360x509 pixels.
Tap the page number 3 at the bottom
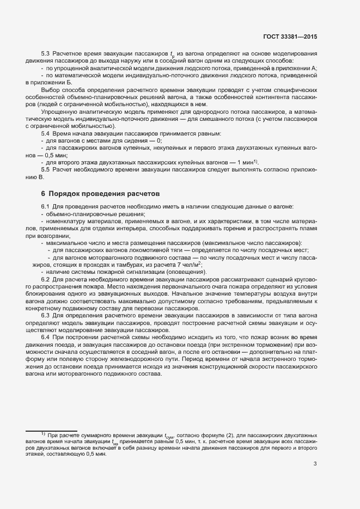point(315,464)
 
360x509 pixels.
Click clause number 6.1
point(46,207)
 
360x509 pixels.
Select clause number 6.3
point(46,315)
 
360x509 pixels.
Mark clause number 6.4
point(46,338)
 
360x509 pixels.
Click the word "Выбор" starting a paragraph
point(51,89)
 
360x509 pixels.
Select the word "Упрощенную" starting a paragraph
point(58,111)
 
